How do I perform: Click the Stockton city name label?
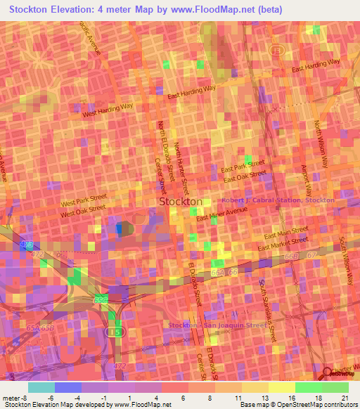click(x=181, y=202)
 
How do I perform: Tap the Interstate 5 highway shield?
click(x=114, y=330)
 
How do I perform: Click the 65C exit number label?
click(x=101, y=300)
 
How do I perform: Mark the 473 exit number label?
click(x=27, y=244)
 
